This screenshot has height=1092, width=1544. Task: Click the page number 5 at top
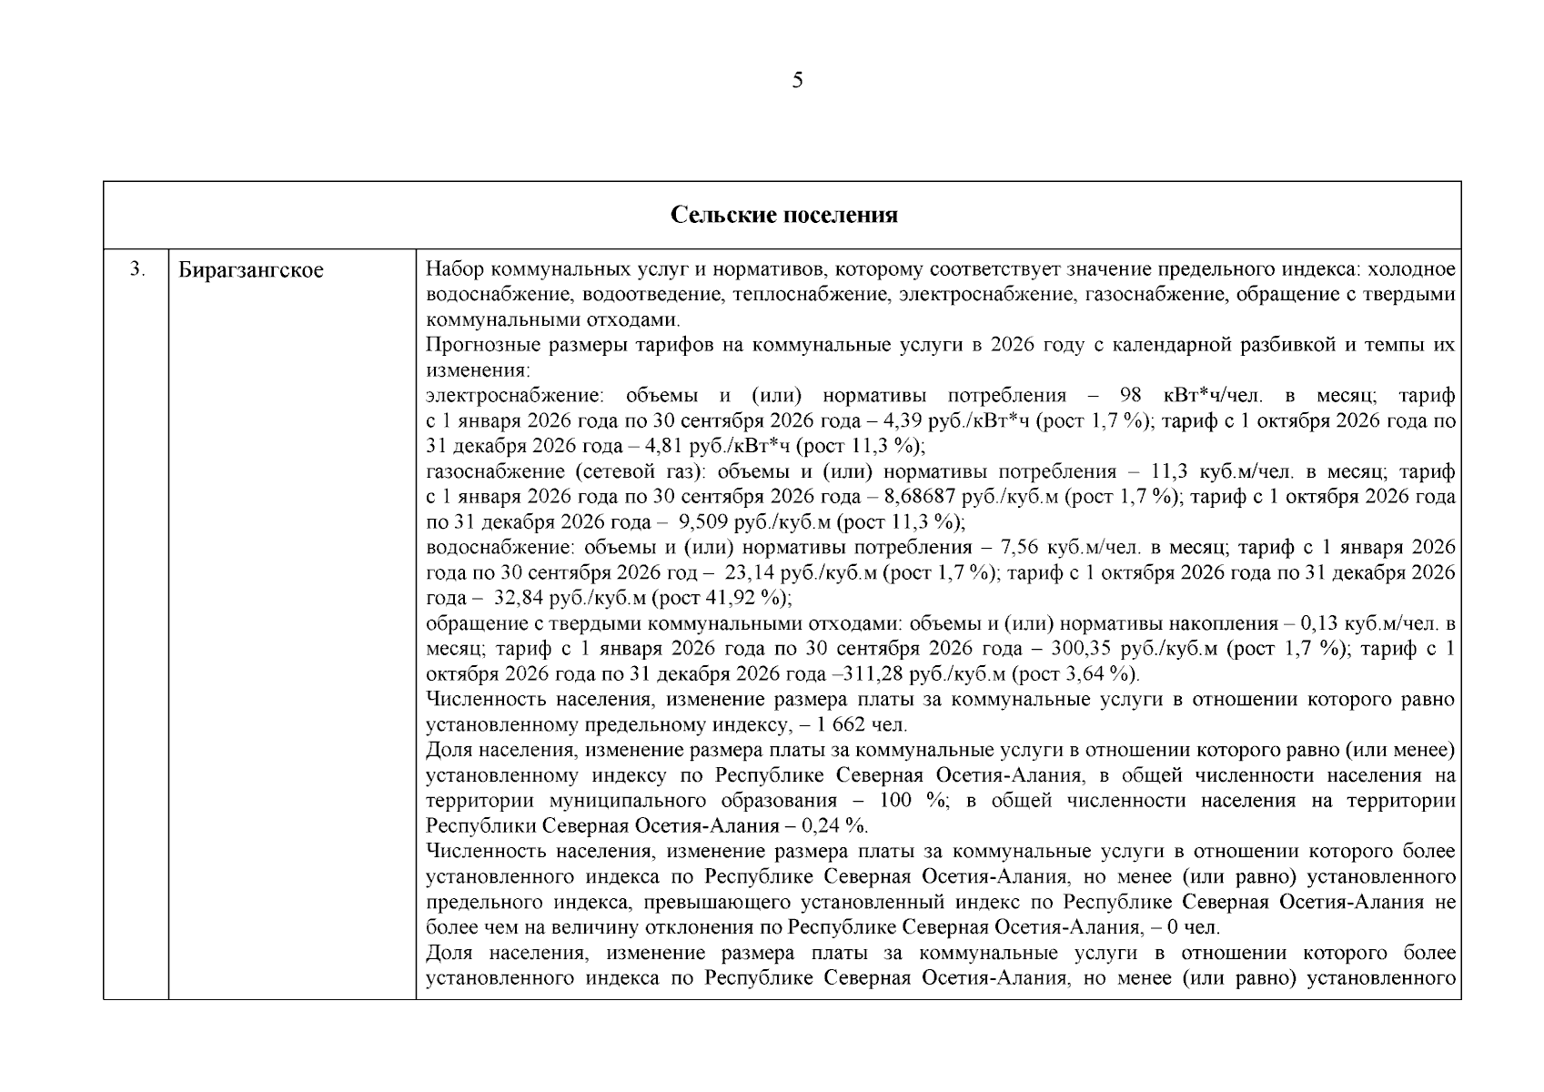797,81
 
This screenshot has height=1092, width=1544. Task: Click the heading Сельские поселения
783,215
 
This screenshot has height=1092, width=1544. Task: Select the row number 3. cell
136,269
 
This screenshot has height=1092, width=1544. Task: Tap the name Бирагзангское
250,270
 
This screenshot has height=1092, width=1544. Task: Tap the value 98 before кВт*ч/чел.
1130,396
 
